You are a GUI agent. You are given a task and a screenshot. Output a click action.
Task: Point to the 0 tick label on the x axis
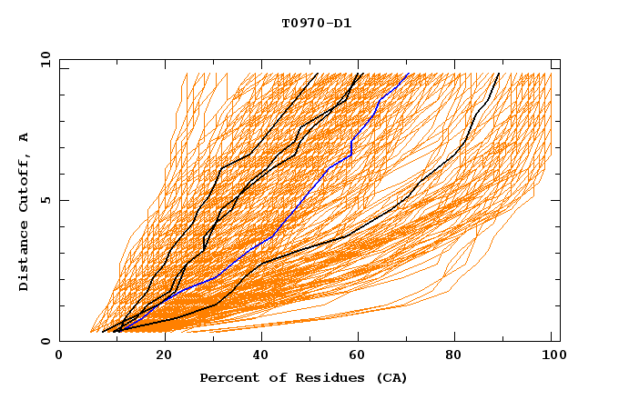click(59, 357)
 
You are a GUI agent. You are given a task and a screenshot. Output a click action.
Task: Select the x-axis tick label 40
click(262, 357)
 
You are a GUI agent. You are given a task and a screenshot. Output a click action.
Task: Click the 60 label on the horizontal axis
click(361, 357)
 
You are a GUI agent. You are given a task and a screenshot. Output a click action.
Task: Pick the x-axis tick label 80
click(460, 357)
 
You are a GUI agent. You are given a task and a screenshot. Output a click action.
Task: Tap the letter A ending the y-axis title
click(25, 138)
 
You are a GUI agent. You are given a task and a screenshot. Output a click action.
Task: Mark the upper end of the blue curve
click(409, 74)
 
